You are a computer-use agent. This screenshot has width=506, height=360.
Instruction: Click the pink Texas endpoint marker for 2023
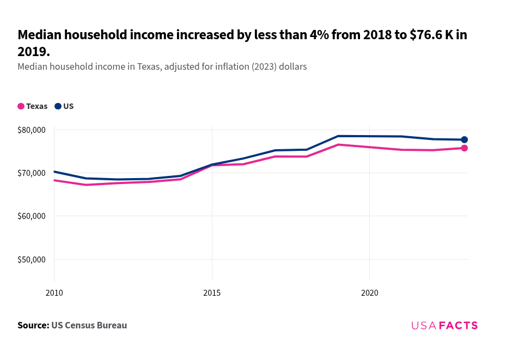tap(464, 148)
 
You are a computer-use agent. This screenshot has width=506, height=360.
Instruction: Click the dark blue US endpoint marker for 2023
tap(464, 140)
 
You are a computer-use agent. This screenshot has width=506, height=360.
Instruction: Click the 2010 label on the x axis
tap(54, 293)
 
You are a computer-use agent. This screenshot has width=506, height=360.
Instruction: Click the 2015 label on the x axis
tap(212, 293)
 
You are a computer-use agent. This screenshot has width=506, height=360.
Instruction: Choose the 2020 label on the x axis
tap(369, 293)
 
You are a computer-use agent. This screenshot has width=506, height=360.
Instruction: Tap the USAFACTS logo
tap(444, 326)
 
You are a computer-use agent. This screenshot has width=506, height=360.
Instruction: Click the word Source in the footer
tap(33, 326)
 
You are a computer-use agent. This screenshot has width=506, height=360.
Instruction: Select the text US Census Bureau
tap(89, 326)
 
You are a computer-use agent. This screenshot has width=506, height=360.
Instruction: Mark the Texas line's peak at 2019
tap(338, 144)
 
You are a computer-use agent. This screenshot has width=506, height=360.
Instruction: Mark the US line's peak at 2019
tap(338, 136)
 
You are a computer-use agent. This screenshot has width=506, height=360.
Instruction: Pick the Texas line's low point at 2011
tap(86, 185)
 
